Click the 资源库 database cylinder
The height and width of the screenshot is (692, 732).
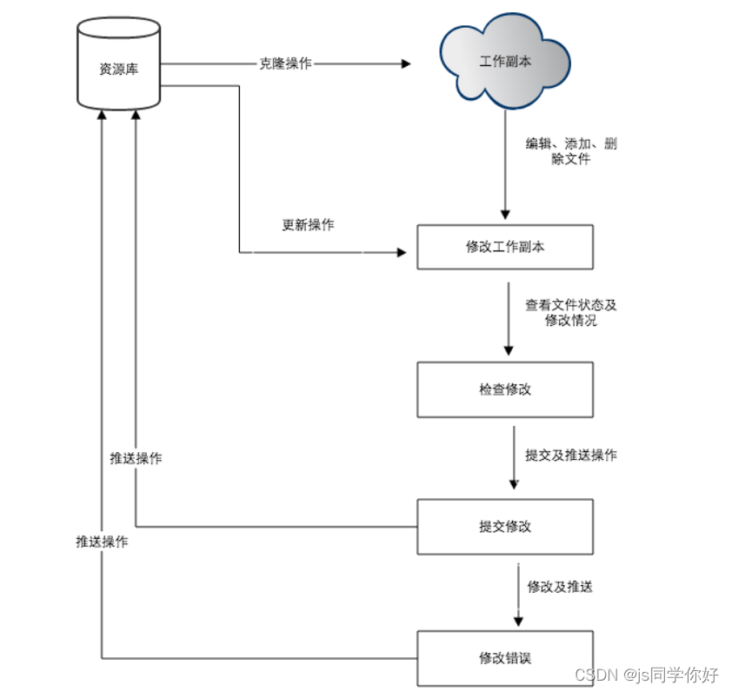click(x=118, y=68)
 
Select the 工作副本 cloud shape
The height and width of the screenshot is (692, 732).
click(x=505, y=63)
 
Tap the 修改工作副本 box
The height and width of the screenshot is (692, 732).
click(x=505, y=247)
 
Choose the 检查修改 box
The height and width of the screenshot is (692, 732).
click(x=505, y=389)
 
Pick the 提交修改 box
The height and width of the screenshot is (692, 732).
click(x=505, y=526)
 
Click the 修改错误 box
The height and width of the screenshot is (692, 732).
click(x=505, y=657)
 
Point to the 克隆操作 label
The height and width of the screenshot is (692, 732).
click(x=285, y=64)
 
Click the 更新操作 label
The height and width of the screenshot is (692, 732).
click(x=308, y=225)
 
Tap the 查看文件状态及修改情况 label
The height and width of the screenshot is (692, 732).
click(x=570, y=313)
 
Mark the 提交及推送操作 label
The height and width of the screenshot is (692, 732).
click(x=571, y=455)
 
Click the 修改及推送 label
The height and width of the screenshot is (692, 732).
click(x=560, y=587)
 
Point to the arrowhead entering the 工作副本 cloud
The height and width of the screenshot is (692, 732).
click(x=405, y=64)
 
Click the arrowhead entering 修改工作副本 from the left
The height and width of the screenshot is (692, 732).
click(x=402, y=252)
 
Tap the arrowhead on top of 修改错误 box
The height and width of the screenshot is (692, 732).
click(x=519, y=620)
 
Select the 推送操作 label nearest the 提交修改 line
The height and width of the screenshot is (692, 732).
click(x=136, y=458)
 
